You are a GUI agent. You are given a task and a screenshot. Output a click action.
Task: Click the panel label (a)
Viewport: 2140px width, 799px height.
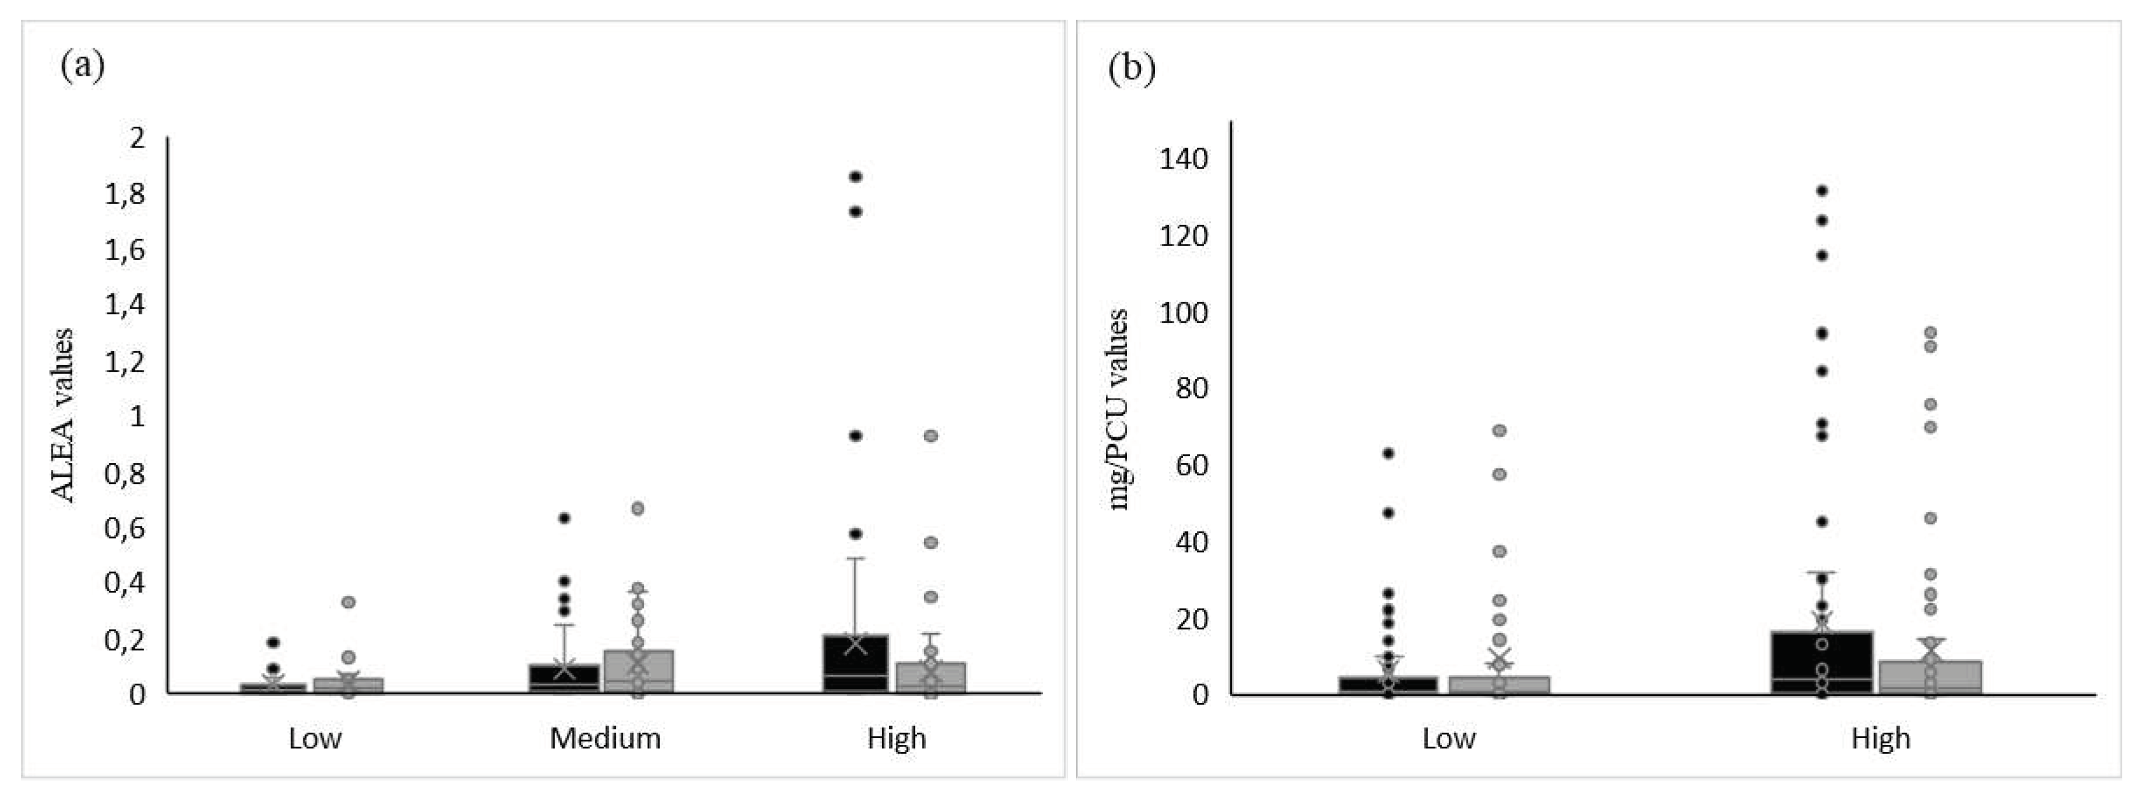coord(82,66)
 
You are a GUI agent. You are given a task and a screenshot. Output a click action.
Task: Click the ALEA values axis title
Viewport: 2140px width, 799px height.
coord(63,415)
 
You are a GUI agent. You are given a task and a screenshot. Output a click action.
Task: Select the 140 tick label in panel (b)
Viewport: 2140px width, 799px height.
coord(1184,158)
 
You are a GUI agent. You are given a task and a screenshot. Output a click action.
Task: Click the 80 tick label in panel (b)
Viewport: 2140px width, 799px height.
coord(1192,388)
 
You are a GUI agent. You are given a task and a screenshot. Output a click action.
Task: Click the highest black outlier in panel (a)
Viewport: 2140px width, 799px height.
coord(855,176)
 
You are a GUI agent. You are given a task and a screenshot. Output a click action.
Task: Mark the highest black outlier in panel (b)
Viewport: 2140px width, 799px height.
coord(1823,190)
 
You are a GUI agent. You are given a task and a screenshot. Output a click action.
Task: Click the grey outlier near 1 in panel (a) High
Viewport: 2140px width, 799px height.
coord(931,435)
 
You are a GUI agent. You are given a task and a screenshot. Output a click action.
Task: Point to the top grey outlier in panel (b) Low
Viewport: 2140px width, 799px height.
coord(1500,430)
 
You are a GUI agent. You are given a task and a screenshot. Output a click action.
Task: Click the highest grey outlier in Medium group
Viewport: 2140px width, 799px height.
coord(638,508)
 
